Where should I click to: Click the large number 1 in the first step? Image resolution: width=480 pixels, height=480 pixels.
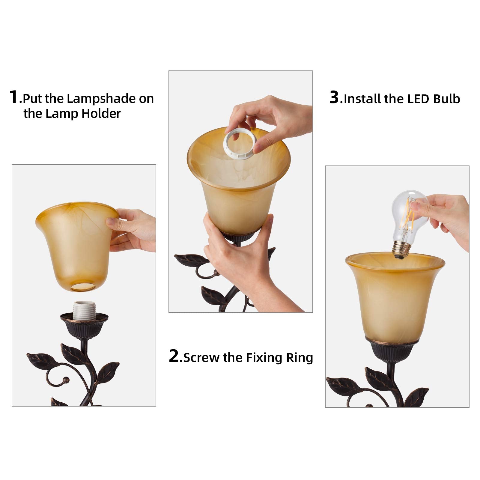click(14, 97)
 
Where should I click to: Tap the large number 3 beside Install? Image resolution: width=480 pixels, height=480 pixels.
click(334, 97)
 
